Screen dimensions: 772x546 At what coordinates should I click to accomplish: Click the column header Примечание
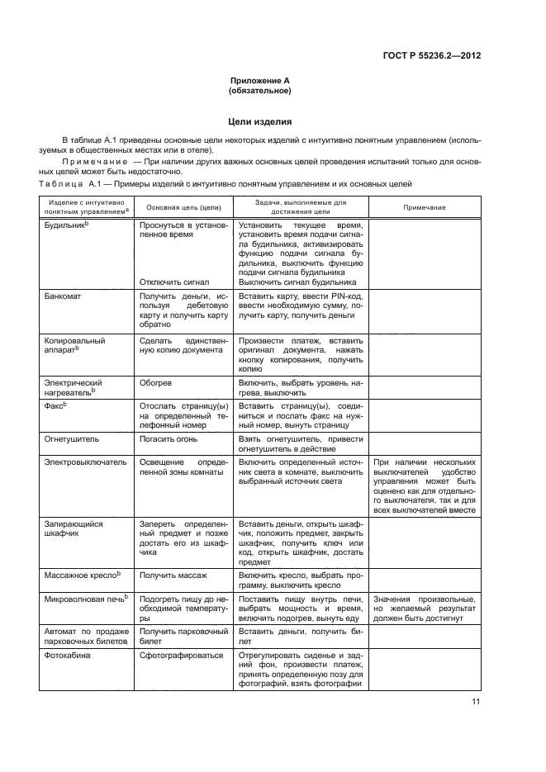click(x=424, y=207)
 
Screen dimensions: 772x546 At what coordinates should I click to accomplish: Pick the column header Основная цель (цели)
click(x=182, y=207)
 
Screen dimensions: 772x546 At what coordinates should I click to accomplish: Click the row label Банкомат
click(x=63, y=295)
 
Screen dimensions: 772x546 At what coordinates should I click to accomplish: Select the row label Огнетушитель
click(x=70, y=440)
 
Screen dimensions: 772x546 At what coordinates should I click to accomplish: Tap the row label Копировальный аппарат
click(x=73, y=344)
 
